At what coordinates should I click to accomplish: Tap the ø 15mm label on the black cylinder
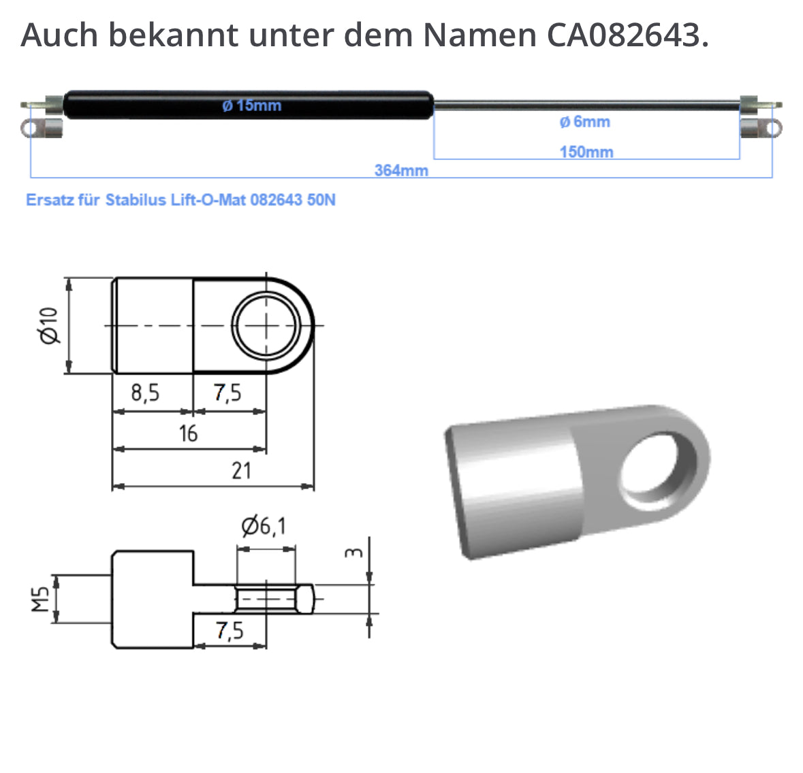click(x=251, y=105)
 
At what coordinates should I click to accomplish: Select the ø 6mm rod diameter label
click(x=584, y=122)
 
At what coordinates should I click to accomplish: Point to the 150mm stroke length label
click(x=586, y=152)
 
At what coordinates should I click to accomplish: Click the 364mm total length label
click(x=401, y=170)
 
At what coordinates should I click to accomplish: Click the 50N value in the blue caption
click(x=321, y=200)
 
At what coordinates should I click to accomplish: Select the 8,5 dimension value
click(x=145, y=393)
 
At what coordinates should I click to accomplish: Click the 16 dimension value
click(x=188, y=433)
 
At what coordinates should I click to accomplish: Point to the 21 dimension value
click(x=241, y=471)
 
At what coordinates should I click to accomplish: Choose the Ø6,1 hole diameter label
click(x=264, y=526)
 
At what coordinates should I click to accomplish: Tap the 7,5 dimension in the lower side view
click(x=230, y=631)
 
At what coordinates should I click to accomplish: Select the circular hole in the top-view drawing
click(x=266, y=325)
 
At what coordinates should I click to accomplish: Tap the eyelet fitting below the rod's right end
click(x=760, y=128)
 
